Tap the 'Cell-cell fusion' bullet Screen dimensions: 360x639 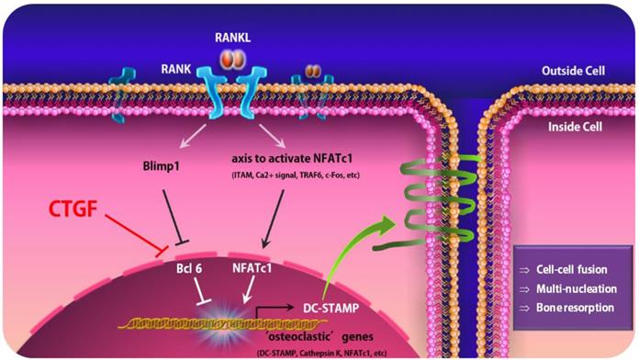(566, 267)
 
